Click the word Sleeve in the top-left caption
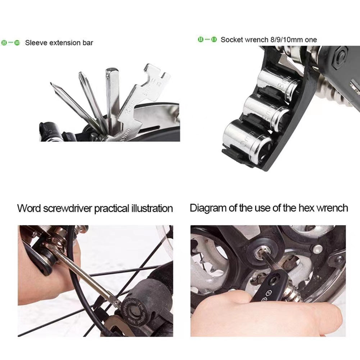pos(36,43)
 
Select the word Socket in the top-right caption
pos(231,40)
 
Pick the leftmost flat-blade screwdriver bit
pos(72,104)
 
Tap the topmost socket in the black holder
pos(277,82)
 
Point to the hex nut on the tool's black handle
pos(340,57)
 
